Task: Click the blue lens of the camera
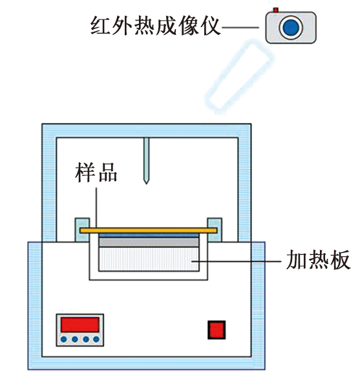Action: (291, 27)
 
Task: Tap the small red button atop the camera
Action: (276, 10)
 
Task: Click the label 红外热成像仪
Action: (155, 26)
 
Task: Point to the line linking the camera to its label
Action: (240, 27)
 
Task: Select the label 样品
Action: (96, 172)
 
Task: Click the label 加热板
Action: (318, 259)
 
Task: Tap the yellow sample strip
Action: (149, 230)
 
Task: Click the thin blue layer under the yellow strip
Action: (149, 236)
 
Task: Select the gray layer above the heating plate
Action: (149, 243)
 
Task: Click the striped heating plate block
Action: (149, 259)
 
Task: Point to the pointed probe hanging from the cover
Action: (147, 160)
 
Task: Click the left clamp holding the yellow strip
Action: (83, 230)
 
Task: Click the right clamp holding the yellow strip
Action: (215, 230)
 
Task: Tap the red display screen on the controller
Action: (79, 325)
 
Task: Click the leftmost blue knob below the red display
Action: (63, 339)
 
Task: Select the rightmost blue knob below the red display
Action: (96, 339)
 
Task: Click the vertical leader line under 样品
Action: (96, 208)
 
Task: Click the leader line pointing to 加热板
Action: (237, 261)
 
